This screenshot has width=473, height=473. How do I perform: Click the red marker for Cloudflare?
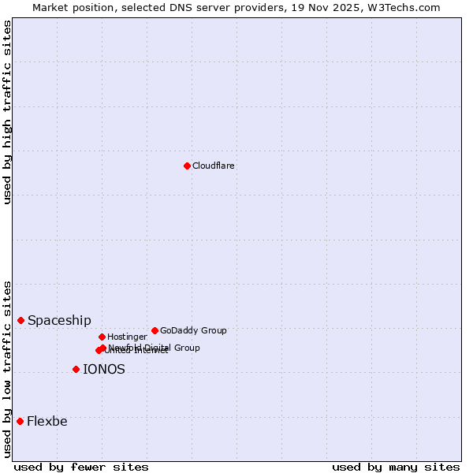(187, 166)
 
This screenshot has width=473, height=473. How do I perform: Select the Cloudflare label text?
(214, 166)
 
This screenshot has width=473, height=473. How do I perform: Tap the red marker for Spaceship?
(20, 320)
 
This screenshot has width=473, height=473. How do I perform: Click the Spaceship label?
(59, 321)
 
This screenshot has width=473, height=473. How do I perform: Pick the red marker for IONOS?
(76, 369)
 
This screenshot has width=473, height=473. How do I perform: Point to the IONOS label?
(104, 370)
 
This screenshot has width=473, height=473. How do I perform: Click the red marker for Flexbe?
(20, 421)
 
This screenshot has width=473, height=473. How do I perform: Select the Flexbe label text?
(47, 422)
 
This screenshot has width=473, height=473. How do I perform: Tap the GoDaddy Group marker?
(155, 330)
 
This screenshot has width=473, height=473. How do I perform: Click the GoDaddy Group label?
(193, 330)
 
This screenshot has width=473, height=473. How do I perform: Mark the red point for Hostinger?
(102, 337)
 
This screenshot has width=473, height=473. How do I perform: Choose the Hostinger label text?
(127, 337)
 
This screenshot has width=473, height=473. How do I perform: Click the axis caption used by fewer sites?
(81, 467)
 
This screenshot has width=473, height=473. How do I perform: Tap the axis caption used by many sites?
(396, 467)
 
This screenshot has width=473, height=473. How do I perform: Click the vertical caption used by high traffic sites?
(7, 112)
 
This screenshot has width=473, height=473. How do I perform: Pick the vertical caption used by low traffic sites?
(7, 369)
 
